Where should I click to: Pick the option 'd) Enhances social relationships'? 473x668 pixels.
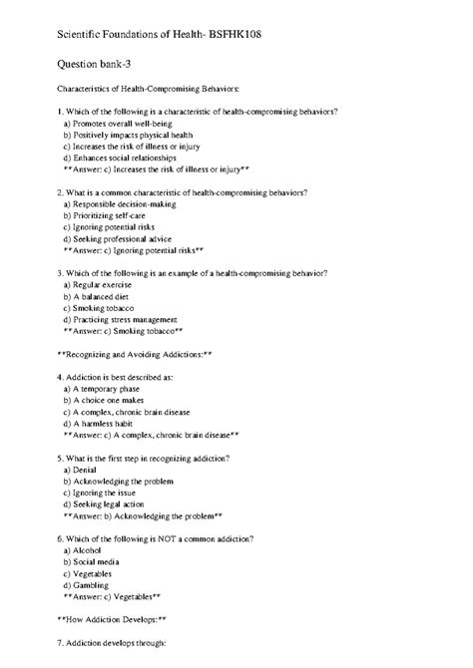click(120, 158)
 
